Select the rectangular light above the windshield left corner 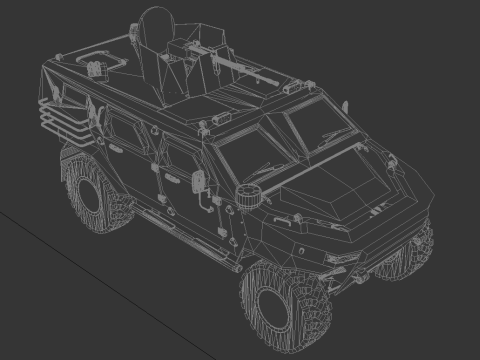tap(209, 131)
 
